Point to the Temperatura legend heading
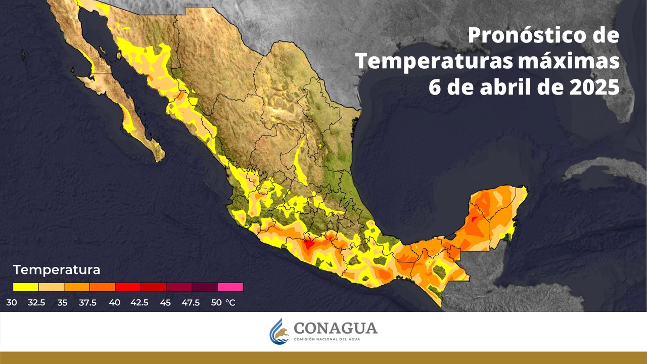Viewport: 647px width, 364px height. coord(57,270)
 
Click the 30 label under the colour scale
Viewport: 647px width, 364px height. coord(12,303)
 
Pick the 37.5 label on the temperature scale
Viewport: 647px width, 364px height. coord(89,303)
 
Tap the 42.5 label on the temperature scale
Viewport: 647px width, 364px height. coord(140,303)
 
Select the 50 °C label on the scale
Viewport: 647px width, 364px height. coord(223,303)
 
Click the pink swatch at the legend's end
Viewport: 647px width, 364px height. coord(230,287)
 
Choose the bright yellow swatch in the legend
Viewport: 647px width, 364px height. coord(26,287)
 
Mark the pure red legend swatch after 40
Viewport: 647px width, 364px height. coord(128,287)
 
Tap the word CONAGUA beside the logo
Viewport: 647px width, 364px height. coord(336,328)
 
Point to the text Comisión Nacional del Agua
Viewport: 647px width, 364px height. coord(336,340)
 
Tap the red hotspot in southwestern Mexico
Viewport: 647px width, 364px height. coord(309,244)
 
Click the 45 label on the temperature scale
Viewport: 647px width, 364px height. coord(165,303)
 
